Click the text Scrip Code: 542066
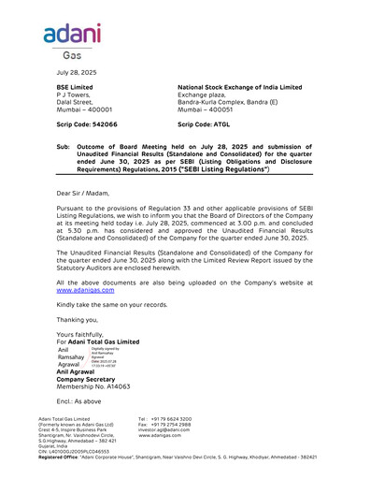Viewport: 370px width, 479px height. pos(87,123)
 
